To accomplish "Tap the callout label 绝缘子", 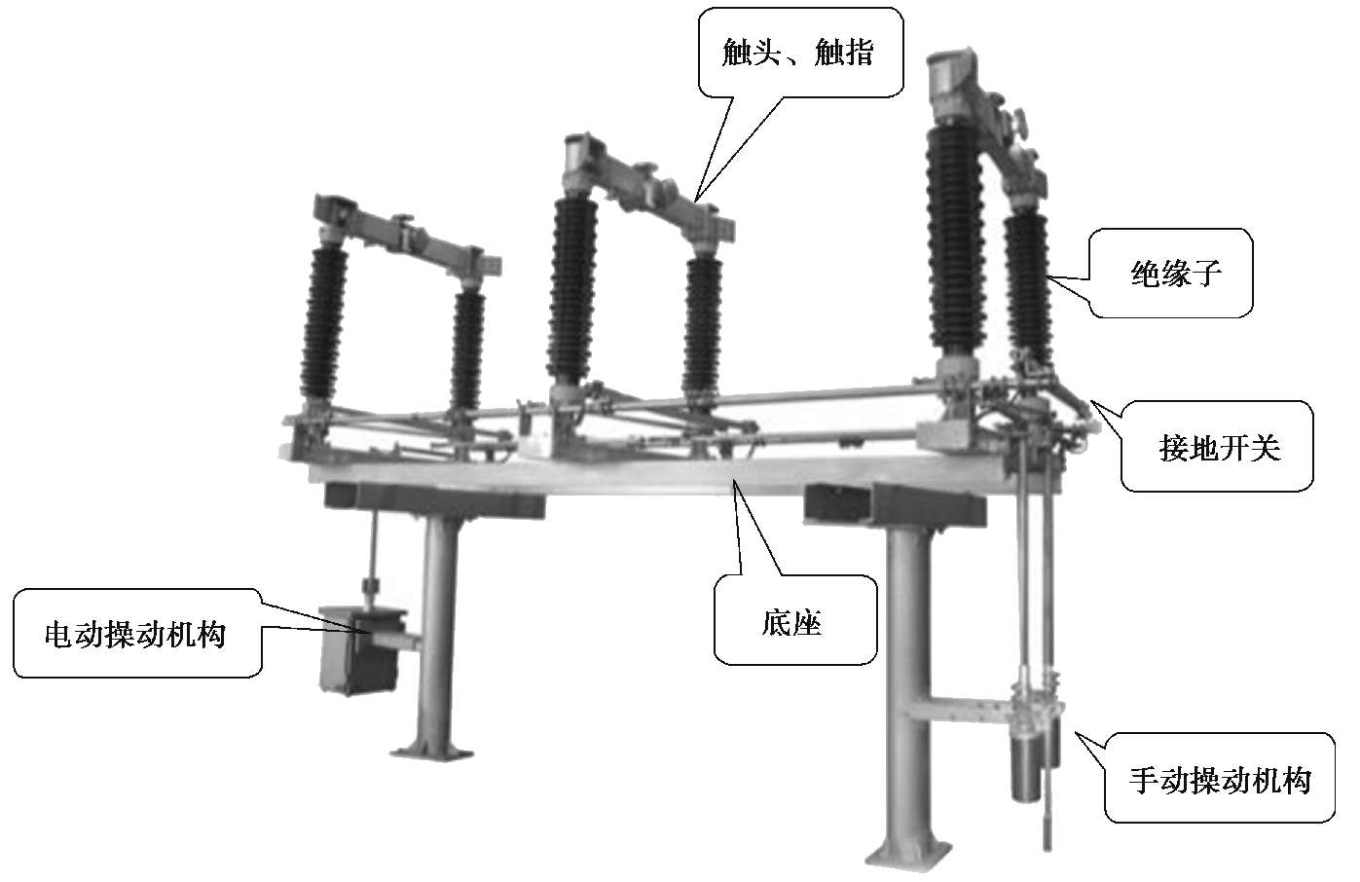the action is [x=1176, y=274].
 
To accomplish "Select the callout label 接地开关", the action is [x=1220, y=448].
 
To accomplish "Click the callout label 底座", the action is [x=792, y=623].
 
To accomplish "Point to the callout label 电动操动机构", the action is [x=135, y=635].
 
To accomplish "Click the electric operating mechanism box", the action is [x=362, y=650].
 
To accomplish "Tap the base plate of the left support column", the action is [x=431, y=753].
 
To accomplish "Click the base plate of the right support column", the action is [x=909, y=855].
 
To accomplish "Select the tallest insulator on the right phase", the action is [x=955, y=239].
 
